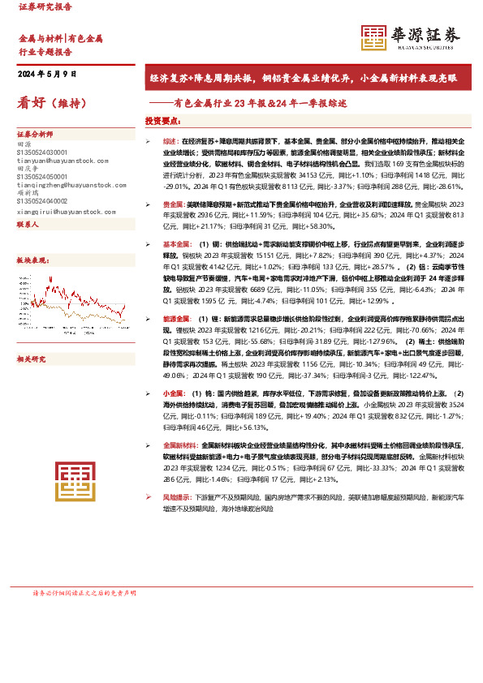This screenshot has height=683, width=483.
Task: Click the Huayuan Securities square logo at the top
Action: [374, 38]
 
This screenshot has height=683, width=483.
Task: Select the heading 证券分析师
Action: [35, 135]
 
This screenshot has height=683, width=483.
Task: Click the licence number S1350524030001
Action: [42, 152]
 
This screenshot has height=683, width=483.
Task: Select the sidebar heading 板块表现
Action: [32, 260]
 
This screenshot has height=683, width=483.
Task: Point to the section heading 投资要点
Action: [162, 121]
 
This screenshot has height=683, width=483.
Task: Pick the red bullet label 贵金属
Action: [172, 204]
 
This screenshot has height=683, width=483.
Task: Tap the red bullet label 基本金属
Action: [175, 243]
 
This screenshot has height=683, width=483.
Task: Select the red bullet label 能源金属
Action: [175, 320]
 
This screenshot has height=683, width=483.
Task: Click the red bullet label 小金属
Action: [172, 393]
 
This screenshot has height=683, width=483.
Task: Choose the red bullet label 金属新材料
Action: [178, 445]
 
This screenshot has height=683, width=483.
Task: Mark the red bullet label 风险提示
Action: [175, 496]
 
